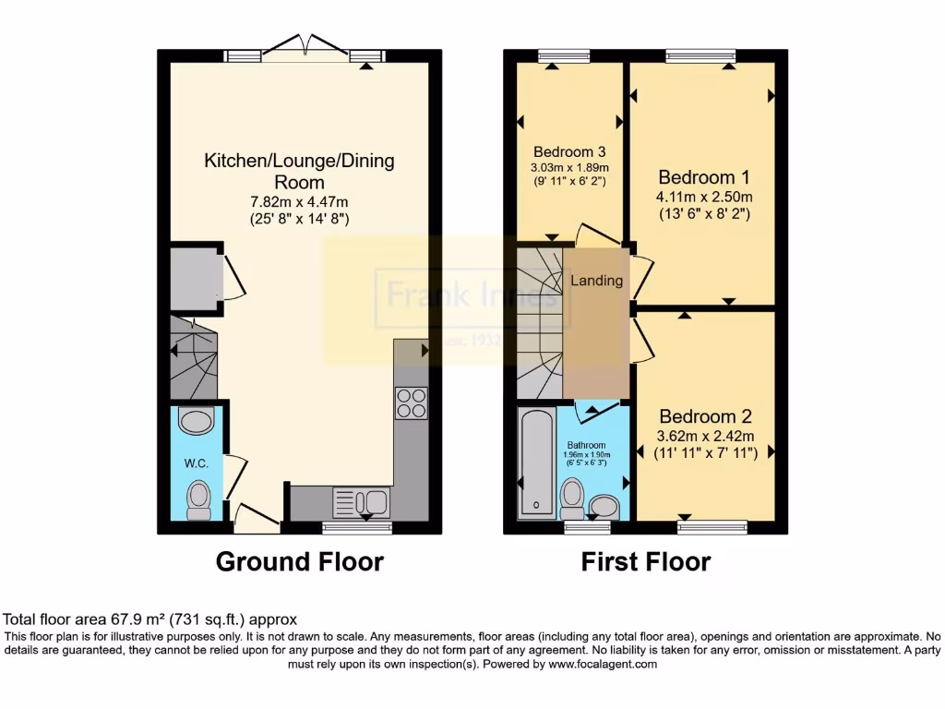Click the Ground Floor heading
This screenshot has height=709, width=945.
[x=299, y=561]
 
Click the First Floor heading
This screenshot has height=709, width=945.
[x=646, y=561]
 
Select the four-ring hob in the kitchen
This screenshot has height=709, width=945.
[x=412, y=402]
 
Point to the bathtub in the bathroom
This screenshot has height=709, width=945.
[x=536, y=462]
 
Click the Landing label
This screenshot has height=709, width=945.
[x=596, y=281]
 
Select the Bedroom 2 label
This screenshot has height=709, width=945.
[x=706, y=416]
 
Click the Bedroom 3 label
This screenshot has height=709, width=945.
[x=569, y=151]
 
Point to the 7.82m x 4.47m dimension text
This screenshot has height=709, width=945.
[x=299, y=202]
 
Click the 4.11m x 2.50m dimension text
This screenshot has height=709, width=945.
[x=705, y=197]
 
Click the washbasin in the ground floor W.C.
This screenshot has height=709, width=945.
[x=195, y=422]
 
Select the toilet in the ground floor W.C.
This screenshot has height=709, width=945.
[x=197, y=499]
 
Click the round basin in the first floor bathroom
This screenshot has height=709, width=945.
[x=604, y=506]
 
